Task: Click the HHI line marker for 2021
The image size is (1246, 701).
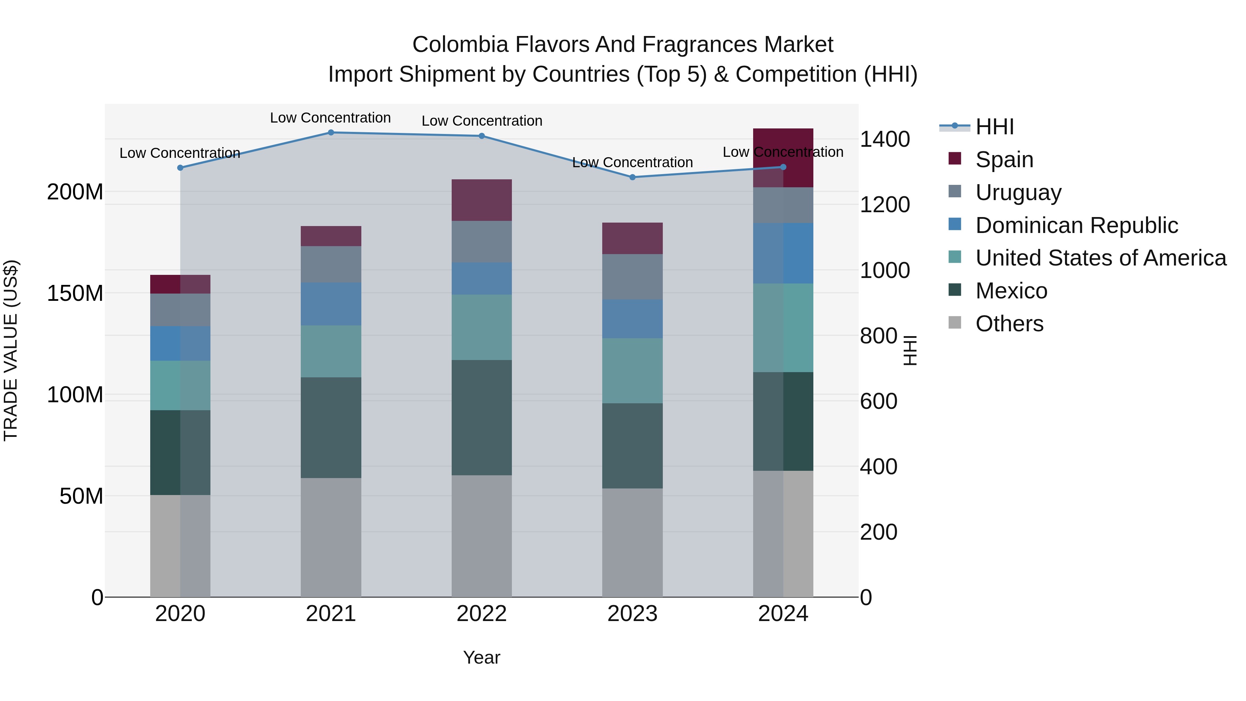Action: click(x=331, y=133)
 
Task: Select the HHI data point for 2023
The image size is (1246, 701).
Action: click(x=632, y=177)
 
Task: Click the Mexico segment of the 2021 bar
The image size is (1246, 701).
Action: click(x=331, y=428)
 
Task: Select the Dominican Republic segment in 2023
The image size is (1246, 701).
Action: click(x=632, y=318)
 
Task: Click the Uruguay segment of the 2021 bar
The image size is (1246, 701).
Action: click(x=331, y=264)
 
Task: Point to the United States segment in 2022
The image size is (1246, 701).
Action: click(x=481, y=327)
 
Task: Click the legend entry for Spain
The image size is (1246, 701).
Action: click(x=1004, y=160)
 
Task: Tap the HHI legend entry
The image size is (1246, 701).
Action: click(x=994, y=127)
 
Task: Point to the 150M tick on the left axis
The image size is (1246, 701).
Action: click(x=75, y=293)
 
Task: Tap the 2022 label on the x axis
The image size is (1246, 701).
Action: click(x=481, y=614)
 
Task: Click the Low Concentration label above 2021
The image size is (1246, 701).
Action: click(x=331, y=118)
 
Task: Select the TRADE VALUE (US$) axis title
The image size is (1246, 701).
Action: click(x=11, y=350)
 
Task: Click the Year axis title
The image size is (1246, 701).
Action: click(x=481, y=657)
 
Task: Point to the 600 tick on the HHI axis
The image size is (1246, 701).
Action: click(x=878, y=401)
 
